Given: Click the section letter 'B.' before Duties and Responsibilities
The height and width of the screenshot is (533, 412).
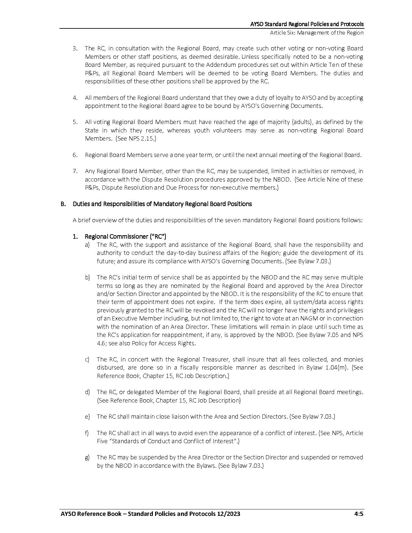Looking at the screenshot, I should pos(63,204).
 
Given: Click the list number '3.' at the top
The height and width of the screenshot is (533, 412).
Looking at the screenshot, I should pos(75,48).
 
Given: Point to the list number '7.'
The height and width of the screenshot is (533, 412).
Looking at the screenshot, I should pos(75,171).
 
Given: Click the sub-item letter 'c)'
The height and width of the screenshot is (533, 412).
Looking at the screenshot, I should pos(87,359).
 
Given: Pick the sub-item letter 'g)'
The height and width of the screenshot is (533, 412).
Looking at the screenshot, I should pos(87,457).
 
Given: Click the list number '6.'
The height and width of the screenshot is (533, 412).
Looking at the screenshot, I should pos(75,155).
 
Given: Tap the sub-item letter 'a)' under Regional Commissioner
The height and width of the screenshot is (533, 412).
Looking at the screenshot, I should pos(87,245).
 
